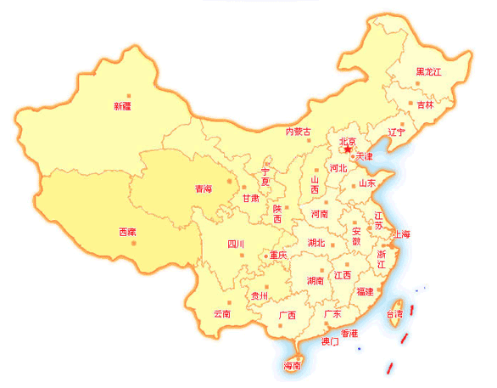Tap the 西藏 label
[x=126, y=232]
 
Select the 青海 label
[x=204, y=188]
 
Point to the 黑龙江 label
[x=428, y=72]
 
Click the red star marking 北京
[x=348, y=150]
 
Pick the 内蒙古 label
[x=298, y=132]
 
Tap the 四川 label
[x=236, y=245]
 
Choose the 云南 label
[x=222, y=313]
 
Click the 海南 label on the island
[x=293, y=366]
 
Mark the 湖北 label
[x=316, y=243]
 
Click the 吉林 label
[x=425, y=105]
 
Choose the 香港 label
[x=349, y=332]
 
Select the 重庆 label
[x=278, y=255]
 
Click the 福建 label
[x=365, y=291]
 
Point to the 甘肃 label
[x=251, y=198]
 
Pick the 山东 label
[x=366, y=183]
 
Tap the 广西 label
[x=287, y=316]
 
